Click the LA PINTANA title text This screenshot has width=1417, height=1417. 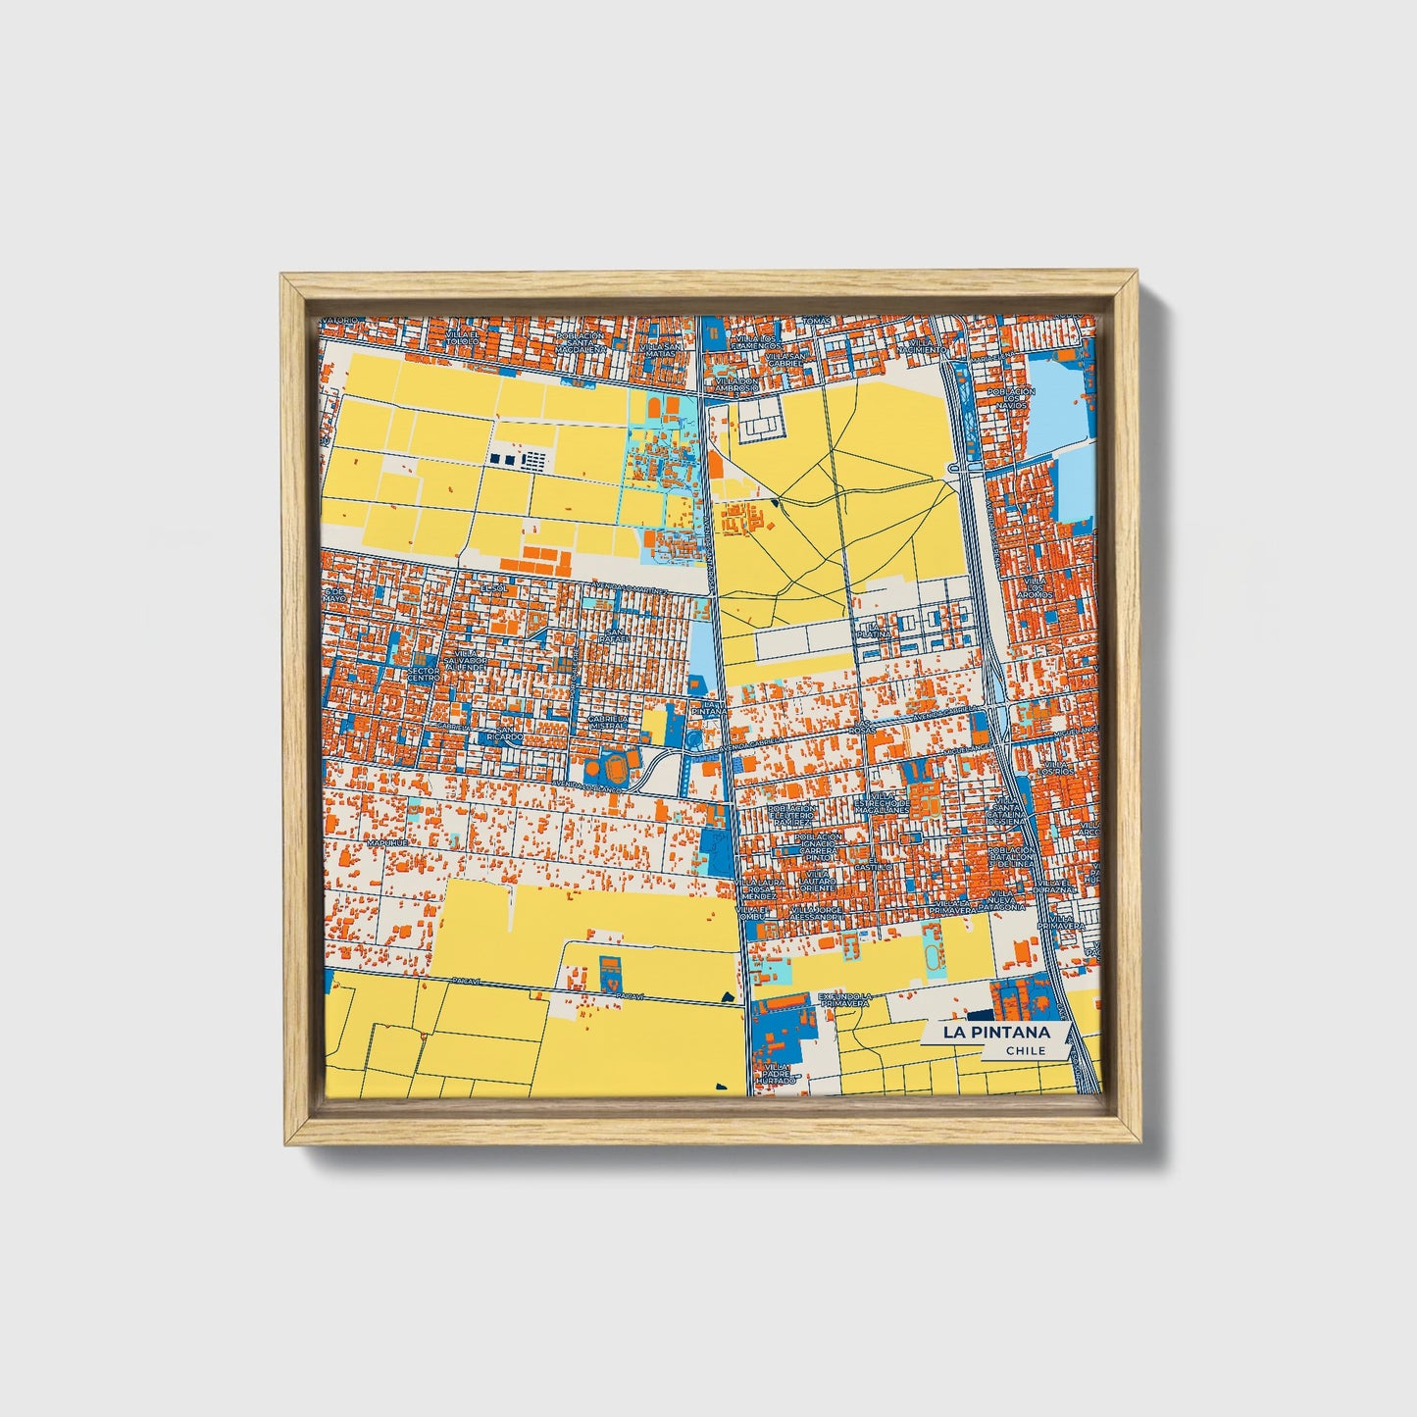pos(996,1032)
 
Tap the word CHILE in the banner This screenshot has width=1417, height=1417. pos(1026,1050)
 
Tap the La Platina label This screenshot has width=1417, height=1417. pos(877,630)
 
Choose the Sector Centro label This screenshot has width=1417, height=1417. pos(423,674)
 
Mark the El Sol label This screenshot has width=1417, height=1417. pos(490,587)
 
